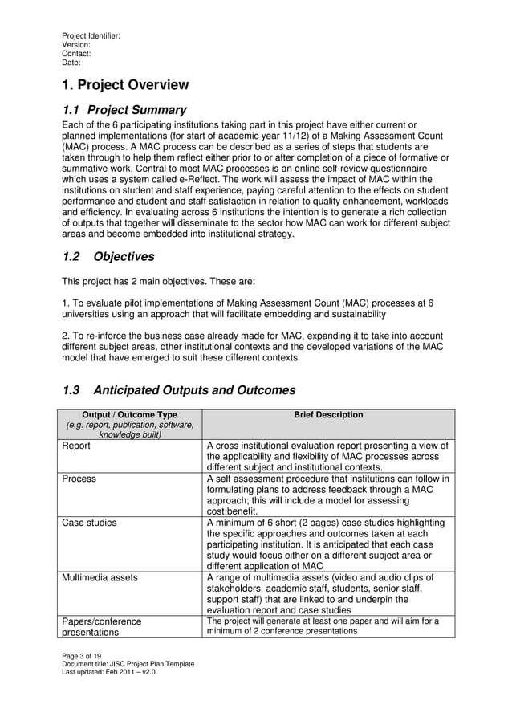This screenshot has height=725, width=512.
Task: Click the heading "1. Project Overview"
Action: point(125,85)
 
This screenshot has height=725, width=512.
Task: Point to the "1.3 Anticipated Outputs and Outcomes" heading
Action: point(179,391)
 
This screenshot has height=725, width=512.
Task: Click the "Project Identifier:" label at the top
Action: point(91,36)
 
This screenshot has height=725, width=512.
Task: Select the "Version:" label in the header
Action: point(77,45)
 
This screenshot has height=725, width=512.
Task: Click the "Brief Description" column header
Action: point(328,415)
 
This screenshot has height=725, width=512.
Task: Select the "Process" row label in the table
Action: point(79,479)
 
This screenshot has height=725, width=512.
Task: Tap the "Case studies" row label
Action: point(89,523)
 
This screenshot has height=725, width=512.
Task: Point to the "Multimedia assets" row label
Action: point(100,576)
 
